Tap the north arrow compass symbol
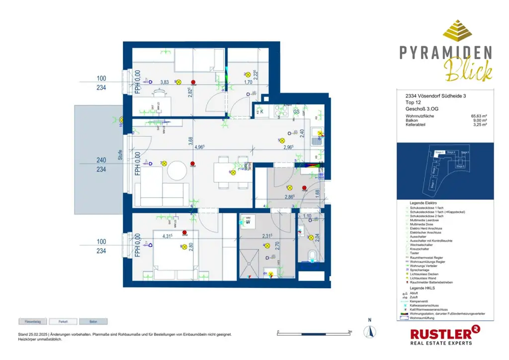point(369,331)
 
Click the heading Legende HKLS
point(422,289)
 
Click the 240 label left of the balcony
point(101,160)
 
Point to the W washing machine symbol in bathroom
point(247,222)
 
